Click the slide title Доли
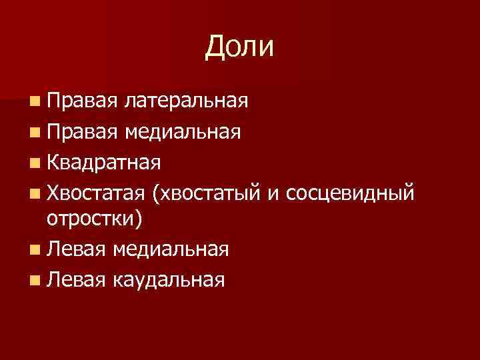click(240, 47)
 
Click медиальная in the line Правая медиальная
click(187, 132)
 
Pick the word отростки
click(91, 219)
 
